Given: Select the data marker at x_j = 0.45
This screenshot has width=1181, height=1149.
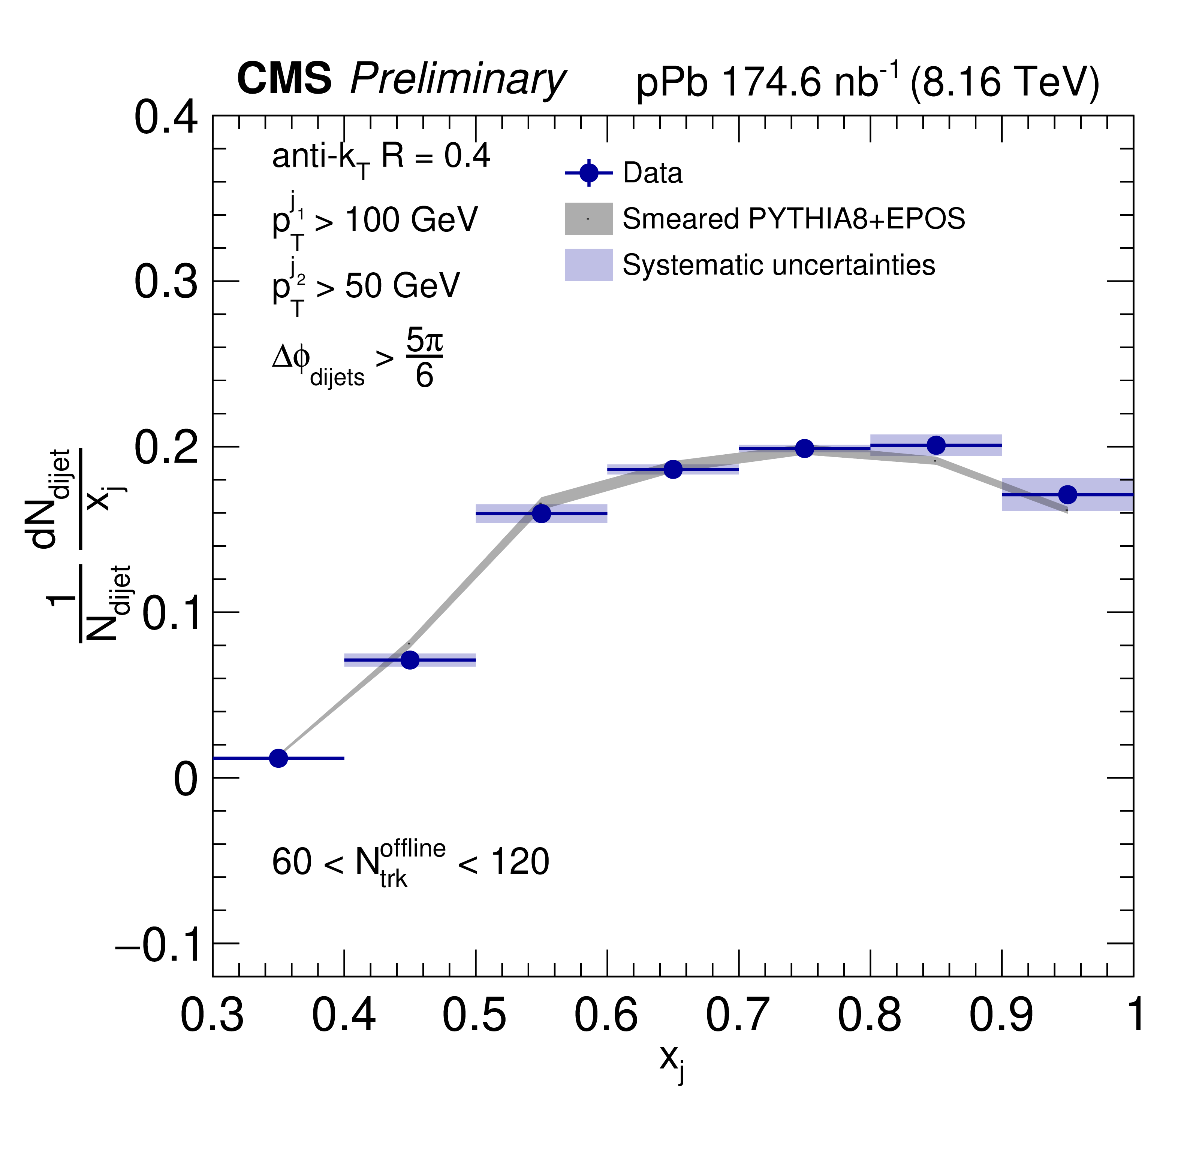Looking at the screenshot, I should [x=410, y=660].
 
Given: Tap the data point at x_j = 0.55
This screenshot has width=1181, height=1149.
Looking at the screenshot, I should [x=542, y=513].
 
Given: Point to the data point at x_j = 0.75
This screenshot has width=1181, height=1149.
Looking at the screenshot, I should [x=804, y=448].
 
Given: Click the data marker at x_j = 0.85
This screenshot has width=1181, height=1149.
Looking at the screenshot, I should [x=936, y=445].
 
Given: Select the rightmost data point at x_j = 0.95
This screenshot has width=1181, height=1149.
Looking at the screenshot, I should [x=1067, y=495].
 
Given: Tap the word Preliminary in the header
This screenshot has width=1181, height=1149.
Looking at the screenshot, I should [x=458, y=80].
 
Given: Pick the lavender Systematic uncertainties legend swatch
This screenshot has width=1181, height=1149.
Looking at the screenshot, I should [x=589, y=265].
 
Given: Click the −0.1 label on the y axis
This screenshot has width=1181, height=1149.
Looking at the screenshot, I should [x=156, y=944].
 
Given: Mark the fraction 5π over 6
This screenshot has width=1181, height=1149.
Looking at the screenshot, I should [x=424, y=358].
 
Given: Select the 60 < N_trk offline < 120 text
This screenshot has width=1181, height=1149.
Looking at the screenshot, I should [x=410, y=863].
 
